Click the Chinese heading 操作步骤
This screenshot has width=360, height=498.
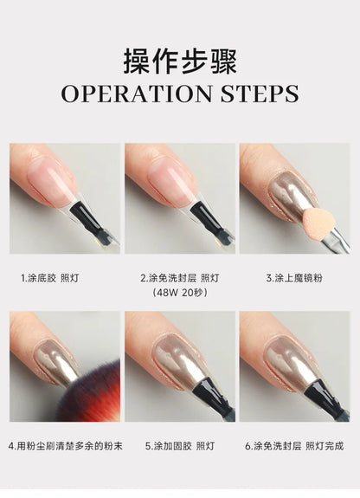180,61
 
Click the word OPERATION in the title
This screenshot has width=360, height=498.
137,94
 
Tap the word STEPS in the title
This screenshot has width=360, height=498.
260,94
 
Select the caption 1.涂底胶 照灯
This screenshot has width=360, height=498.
49,278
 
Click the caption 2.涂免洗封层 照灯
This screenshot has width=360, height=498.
180,278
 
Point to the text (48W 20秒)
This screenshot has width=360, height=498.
180,292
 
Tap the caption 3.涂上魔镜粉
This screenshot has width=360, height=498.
294,278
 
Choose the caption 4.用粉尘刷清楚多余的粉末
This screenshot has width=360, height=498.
65,446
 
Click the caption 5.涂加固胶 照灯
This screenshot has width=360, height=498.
180,446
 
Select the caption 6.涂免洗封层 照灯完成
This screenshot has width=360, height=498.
294,446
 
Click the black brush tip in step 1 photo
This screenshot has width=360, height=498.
87,216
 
